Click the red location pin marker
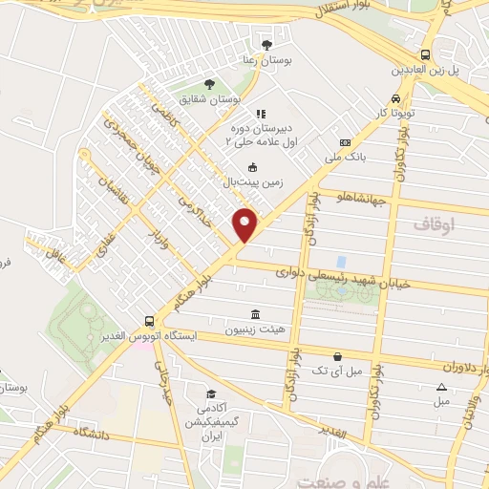[x=245, y=224]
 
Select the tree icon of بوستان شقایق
[x=209, y=84]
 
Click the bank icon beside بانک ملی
[x=332, y=135]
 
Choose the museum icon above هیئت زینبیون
[x=254, y=315]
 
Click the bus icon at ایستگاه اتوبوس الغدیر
[x=148, y=322]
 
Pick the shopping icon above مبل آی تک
[x=337, y=355]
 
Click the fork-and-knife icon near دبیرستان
[x=260, y=115]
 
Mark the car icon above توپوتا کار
[x=394, y=98]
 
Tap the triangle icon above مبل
[x=441, y=386]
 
